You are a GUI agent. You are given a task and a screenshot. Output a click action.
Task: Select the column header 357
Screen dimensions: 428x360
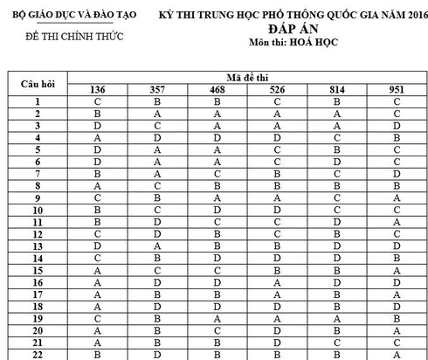(x=157, y=90)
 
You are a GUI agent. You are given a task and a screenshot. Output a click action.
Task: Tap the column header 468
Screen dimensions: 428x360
(x=217, y=90)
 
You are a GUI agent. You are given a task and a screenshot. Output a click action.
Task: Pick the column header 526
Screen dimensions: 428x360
(x=277, y=90)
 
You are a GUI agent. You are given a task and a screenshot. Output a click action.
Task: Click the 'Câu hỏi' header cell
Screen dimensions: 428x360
(x=38, y=84)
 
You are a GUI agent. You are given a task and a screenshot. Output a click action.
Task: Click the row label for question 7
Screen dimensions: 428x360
(x=38, y=175)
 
